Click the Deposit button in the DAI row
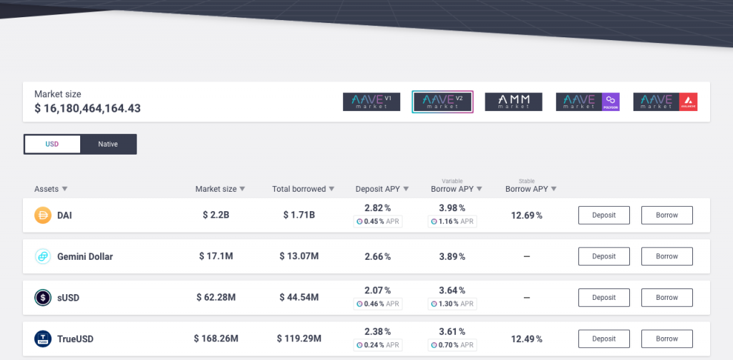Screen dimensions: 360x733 (603, 215)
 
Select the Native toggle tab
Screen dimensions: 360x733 (108, 144)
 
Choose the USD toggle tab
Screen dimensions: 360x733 (52, 144)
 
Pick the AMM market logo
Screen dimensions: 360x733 (513, 102)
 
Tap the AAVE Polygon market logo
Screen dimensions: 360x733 (588, 102)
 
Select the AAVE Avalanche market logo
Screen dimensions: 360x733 (665, 102)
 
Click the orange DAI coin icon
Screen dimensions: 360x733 (43, 215)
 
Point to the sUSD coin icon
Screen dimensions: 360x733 (43, 298)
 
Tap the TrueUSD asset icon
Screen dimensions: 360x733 (43, 339)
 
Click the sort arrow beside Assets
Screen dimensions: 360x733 (64, 189)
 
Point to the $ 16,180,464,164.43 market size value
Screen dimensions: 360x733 (87, 109)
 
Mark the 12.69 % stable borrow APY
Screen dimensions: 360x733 (526, 215)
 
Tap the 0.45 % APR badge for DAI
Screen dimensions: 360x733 (378, 222)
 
